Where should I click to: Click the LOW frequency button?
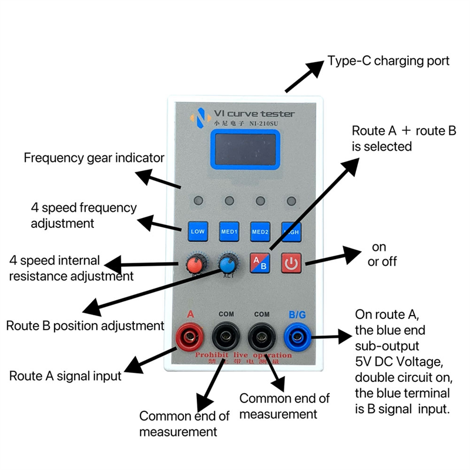[x=198, y=231]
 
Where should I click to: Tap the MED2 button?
[x=260, y=231]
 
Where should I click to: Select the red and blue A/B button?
[x=260, y=263]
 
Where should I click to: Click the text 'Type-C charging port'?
[x=388, y=61]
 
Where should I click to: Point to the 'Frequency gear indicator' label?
[x=93, y=158]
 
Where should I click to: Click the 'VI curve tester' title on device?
[x=254, y=113]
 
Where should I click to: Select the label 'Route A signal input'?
[x=65, y=376]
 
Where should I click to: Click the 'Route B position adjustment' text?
[x=85, y=325]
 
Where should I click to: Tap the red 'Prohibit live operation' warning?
[x=244, y=355]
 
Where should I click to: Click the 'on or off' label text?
[x=381, y=254]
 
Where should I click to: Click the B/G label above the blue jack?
[x=297, y=315]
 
